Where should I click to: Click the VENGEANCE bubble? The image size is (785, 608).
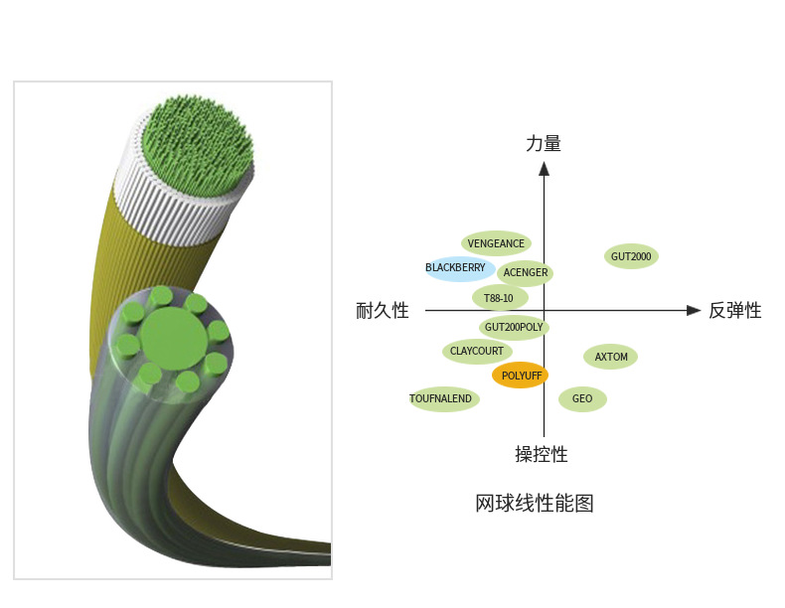tap(496, 243)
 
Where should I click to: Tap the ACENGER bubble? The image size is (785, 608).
tap(525, 272)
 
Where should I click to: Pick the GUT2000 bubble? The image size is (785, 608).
tap(631, 256)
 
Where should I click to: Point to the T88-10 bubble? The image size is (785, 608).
tap(499, 297)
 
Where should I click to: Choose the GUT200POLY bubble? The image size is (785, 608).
tap(514, 326)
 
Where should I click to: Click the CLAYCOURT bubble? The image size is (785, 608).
tap(477, 351)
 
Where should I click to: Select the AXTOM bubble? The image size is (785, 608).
tap(611, 357)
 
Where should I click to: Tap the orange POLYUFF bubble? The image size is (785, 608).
tap(520, 376)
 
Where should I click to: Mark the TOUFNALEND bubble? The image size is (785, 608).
tap(444, 399)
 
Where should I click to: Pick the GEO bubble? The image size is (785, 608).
tap(582, 399)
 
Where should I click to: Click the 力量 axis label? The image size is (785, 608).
tap(544, 144)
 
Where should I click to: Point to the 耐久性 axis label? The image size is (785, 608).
tap(383, 311)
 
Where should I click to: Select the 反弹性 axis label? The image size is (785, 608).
tap(735, 311)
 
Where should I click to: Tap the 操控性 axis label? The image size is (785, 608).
tap(542, 455)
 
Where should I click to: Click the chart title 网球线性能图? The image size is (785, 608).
tap(535, 503)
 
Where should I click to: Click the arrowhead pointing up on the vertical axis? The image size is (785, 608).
tap(544, 168)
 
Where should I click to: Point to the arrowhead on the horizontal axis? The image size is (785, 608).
tap(694, 311)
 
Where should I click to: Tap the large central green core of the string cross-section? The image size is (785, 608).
tap(175, 338)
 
